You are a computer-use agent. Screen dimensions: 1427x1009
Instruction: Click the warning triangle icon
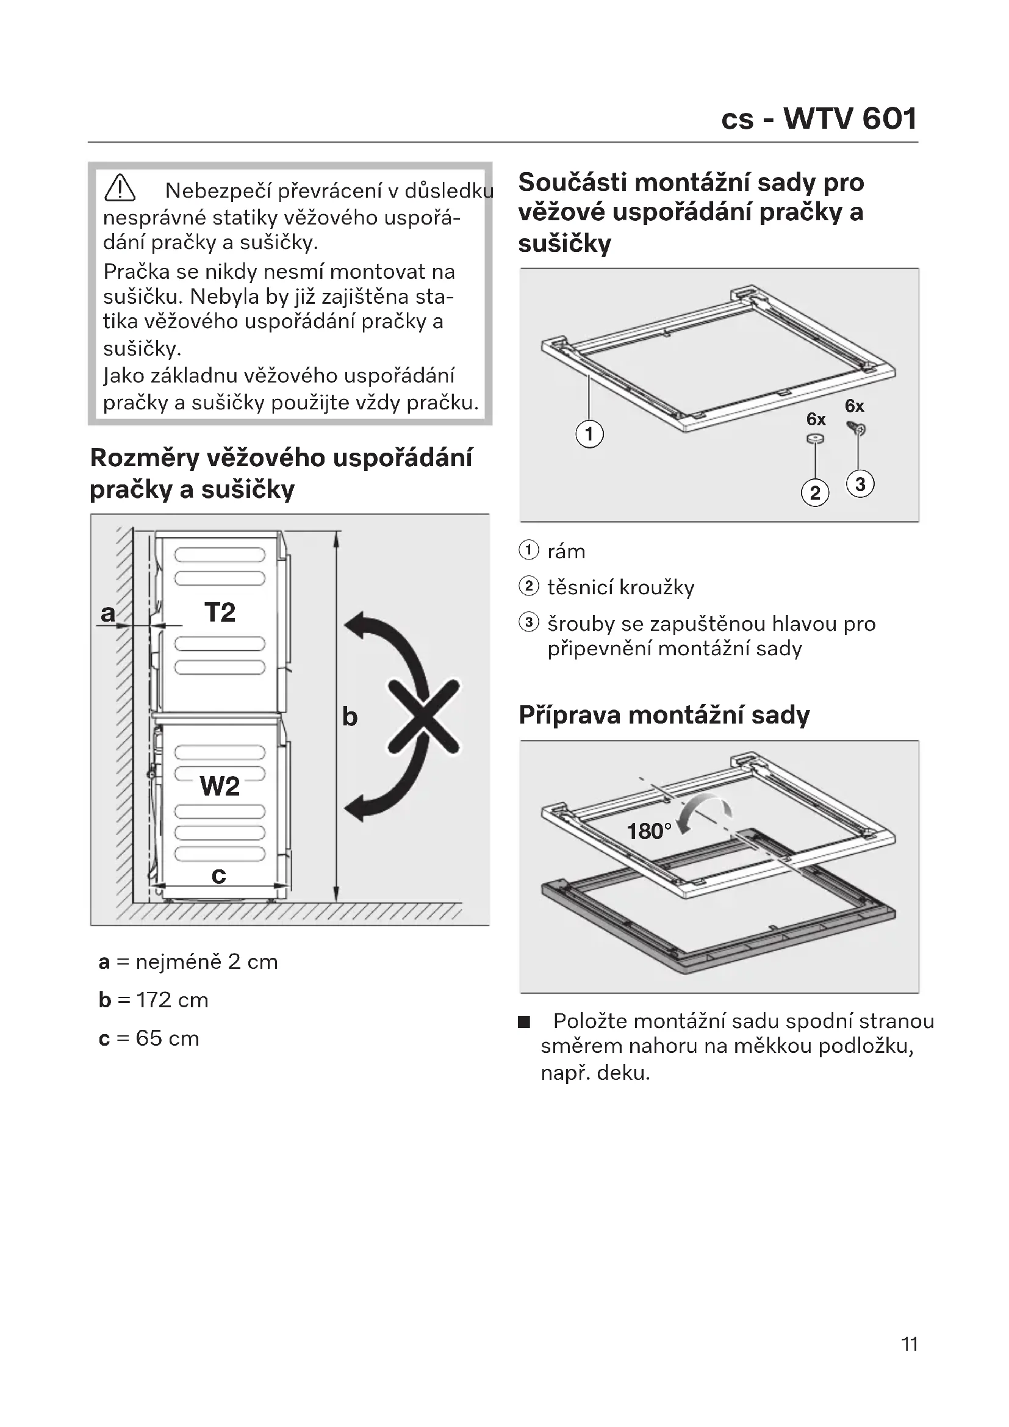click(120, 189)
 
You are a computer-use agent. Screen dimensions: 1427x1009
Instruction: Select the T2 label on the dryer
click(220, 613)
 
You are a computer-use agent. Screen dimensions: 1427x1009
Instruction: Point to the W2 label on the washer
click(220, 787)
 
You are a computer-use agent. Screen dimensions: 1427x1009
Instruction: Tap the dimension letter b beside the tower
click(350, 717)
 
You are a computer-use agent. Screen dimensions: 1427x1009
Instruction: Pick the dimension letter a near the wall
click(108, 613)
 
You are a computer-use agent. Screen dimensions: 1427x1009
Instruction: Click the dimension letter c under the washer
click(219, 875)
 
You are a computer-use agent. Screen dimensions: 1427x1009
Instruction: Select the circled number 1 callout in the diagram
click(589, 434)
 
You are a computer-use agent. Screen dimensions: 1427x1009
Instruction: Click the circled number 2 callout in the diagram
click(815, 493)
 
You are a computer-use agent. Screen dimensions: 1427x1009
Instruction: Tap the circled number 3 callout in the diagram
click(861, 484)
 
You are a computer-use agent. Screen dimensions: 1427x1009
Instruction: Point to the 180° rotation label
click(649, 831)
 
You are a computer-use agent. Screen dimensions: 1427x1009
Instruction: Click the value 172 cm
click(172, 1000)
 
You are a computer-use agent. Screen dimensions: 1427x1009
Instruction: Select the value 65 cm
click(167, 1038)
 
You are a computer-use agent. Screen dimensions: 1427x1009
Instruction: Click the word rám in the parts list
click(566, 552)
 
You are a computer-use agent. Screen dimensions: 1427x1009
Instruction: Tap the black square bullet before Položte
click(525, 1023)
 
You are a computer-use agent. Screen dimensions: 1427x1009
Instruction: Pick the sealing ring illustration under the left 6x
click(815, 439)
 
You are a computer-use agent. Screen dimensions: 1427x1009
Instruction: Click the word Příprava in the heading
click(569, 716)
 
